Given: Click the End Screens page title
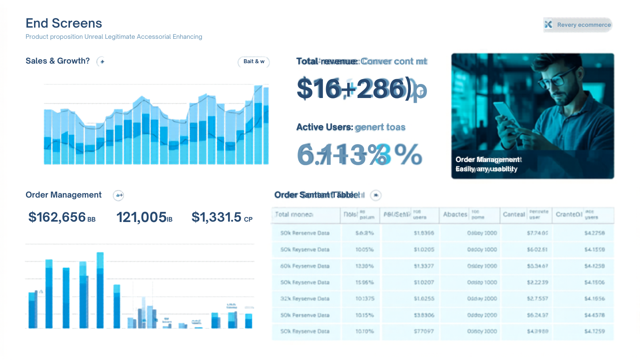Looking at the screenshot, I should point(64,23).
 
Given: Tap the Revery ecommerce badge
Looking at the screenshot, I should point(578,25).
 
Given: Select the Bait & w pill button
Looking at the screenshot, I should point(254,62).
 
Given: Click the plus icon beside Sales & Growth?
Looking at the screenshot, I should point(102,62).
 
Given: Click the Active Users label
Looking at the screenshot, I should point(324,127).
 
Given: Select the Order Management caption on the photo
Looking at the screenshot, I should point(488,160).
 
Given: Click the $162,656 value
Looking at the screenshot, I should point(57,217).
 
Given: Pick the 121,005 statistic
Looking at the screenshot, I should point(142,217).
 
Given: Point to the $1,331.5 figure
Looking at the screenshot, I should point(216,217).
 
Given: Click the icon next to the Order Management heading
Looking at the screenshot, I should point(119,195).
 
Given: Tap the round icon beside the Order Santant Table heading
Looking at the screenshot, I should point(376,195).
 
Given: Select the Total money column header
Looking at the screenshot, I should point(294,214).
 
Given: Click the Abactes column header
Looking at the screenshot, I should point(455,214).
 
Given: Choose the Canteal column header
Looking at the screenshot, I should point(514,214).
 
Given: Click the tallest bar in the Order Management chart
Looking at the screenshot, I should point(100,290).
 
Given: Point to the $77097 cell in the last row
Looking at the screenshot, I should point(424,331).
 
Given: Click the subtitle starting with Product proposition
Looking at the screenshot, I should point(114,37).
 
